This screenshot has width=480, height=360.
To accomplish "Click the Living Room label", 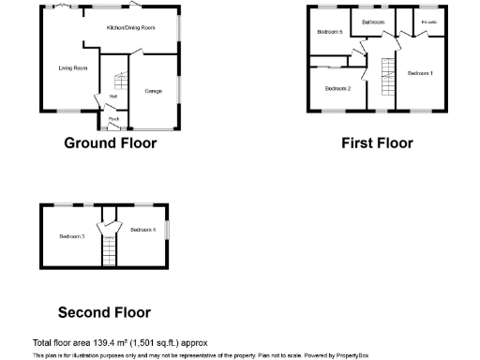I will (73, 67).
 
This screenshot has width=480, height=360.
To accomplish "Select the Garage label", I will (153, 91).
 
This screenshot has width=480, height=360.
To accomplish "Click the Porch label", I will (113, 119).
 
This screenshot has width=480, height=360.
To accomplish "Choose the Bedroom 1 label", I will (419, 73).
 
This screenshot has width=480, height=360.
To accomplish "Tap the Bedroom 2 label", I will (337, 89).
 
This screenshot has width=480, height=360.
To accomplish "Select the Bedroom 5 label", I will (329, 32).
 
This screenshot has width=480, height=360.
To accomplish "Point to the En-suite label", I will (428, 22).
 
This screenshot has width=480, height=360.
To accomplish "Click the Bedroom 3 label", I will (72, 236).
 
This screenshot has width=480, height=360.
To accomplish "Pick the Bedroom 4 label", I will (142, 230).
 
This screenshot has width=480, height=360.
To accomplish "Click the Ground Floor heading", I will (110, 143).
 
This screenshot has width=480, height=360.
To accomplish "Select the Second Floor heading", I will (104, 312).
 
